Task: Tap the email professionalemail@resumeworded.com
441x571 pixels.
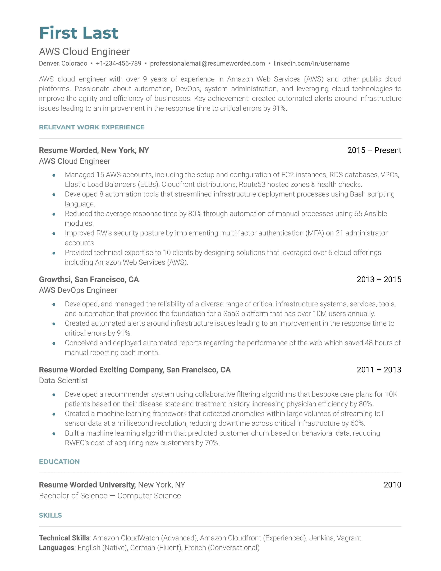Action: point(207,63)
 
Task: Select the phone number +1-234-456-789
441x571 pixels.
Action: point(118,63)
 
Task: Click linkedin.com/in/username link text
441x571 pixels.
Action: point(311,63)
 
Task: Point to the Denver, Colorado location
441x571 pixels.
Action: point(63,63)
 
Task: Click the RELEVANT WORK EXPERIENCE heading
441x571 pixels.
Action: point(91,127)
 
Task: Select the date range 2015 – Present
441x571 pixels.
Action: point(374,150)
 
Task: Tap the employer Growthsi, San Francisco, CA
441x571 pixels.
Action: point(89,280)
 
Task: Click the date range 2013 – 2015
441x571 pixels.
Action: point(379,280)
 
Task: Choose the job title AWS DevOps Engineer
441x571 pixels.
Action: point(78,290)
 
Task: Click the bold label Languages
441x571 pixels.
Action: point(56,547)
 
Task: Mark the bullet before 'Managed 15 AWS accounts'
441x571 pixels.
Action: point(54,175)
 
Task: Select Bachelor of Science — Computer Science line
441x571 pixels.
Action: point(110,496)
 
